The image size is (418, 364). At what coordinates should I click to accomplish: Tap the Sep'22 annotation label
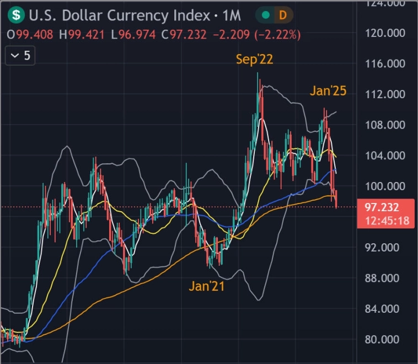255,60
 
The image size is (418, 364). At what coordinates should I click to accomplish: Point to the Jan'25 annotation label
328,91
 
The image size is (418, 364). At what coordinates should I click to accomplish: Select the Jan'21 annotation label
207,286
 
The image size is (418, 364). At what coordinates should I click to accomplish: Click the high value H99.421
83,35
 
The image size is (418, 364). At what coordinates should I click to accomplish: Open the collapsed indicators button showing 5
20,56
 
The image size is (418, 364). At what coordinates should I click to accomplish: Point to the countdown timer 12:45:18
390,221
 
